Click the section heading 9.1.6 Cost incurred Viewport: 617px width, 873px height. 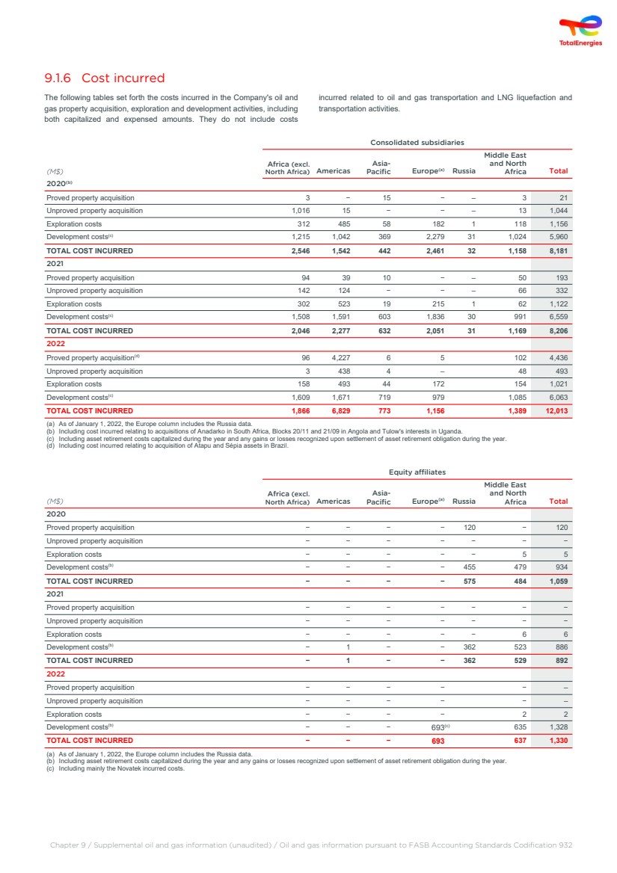105,78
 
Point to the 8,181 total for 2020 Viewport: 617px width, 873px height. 557,250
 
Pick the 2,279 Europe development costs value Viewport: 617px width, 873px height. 434,237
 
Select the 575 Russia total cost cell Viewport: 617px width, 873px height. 467,581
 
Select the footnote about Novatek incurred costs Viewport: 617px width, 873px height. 120,768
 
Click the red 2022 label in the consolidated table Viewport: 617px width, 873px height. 55,344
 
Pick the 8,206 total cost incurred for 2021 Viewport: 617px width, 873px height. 557,330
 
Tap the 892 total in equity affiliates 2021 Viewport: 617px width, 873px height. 561,661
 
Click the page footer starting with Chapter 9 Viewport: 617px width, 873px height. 310,845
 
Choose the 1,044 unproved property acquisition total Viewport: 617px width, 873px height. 557,211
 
